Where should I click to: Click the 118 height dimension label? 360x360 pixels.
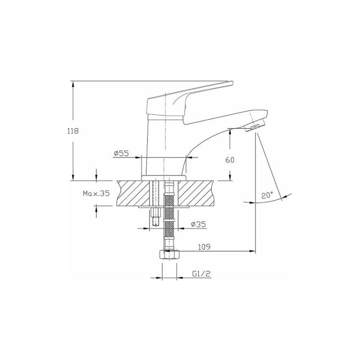pos(73,131)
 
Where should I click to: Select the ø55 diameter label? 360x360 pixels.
pos(121,153)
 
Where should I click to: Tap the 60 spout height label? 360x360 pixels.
pos(230,160)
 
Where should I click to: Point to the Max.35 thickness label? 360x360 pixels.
pos(96,193)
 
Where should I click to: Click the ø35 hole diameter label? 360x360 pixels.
pos(198,224)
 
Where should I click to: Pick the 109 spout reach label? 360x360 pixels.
pos(204,247)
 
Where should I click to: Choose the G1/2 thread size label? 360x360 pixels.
pos(201,274)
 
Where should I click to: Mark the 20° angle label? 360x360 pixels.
pos(267,196)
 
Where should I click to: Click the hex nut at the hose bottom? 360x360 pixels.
pos(170,255)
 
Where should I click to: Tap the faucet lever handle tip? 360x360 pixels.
pos(230,83)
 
